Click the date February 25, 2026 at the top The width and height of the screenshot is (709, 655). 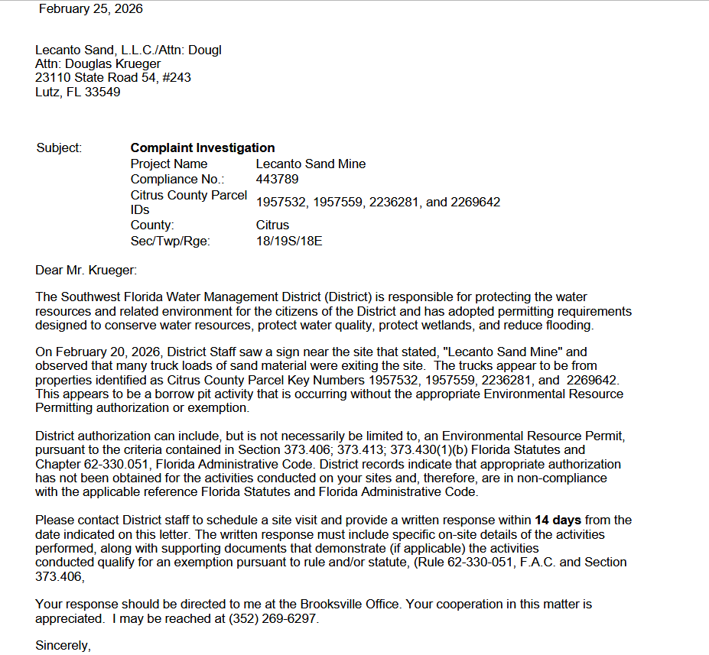point(90,9)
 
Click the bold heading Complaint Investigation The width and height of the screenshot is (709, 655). point(203,148)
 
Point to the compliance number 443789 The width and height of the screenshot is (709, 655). point(277,180)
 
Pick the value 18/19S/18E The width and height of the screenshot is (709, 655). point(289,242)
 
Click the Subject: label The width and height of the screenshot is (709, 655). point(59,148)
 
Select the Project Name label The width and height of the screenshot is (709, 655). point(169,164)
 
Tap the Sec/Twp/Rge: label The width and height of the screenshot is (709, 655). point(170,242)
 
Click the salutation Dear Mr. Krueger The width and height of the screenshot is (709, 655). point(86,271)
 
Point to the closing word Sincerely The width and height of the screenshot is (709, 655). point(63,646)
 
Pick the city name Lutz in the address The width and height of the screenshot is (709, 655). point(47,92)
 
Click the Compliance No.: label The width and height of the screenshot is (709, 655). point(177,180)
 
